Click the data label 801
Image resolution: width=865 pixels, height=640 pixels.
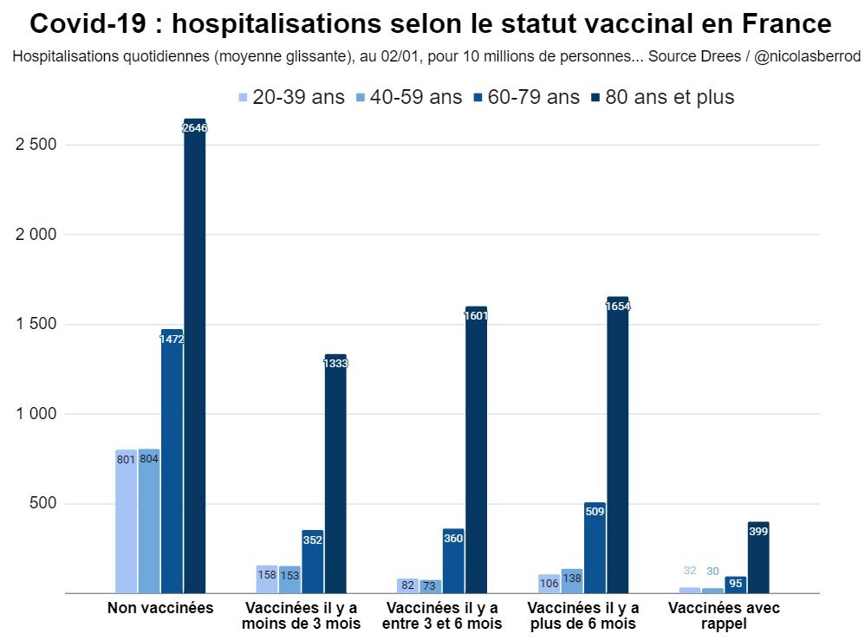tap(126, 459)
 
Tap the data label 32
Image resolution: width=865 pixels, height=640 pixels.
tap(690, 571)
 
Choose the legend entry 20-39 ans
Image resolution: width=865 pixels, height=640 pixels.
tap(291, 97)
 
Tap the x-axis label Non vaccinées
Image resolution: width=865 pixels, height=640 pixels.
tap(160, 608)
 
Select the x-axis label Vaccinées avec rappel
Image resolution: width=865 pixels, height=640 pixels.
tap(724, 615)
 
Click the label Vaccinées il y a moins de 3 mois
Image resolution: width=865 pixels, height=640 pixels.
tap(301, 615)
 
